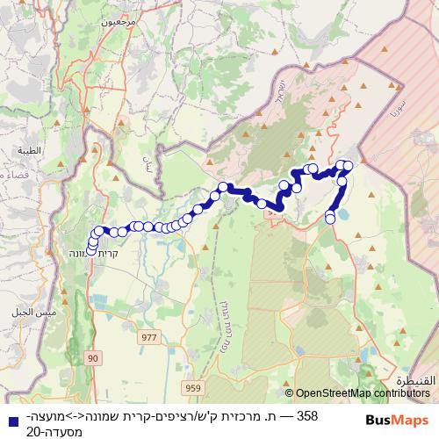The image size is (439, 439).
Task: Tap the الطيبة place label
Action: coord(29,150)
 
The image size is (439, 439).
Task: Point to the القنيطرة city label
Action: coord(414,382)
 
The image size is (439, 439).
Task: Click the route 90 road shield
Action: coord(94,358)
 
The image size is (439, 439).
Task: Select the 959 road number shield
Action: coord(192,386)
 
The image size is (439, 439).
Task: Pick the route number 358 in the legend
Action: coord(308,415)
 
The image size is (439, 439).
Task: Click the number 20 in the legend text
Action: coord(32,431)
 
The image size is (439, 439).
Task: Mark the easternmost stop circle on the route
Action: coord(349,165)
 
